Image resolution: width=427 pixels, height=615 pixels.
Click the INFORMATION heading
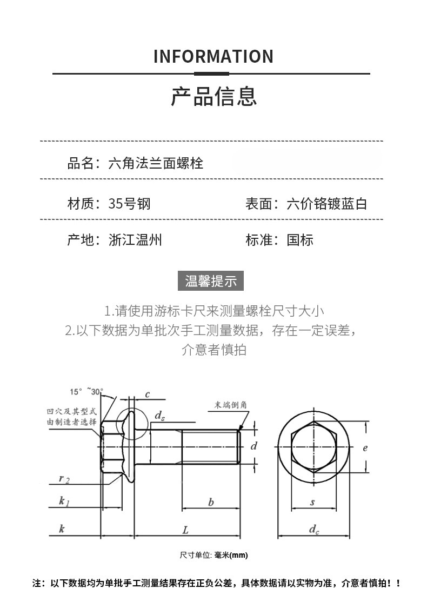tap(213, 56)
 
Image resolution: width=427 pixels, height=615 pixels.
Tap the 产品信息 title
tap(213, 96)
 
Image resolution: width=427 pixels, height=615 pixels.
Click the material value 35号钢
tap(129, 204)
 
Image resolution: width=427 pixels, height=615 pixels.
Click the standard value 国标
tap(300, 240)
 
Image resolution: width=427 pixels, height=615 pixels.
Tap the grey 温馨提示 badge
tap(211, 282)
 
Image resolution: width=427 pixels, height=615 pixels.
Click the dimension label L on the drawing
tap(185, 530)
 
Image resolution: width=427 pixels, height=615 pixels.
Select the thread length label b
tap(211, 503)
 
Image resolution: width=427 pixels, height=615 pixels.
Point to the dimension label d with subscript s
tap(159, 416)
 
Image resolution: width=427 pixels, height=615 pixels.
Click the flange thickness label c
tap(147, 395)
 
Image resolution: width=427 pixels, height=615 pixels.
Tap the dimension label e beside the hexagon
tap(365, 447)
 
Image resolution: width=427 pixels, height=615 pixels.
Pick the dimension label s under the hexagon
tap(312, 503)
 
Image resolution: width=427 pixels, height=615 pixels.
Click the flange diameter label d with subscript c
tap(313, 530)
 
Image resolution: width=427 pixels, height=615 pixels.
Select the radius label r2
tap(64, 478)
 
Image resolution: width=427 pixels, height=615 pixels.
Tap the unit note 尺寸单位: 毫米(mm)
tap(213, 555)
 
